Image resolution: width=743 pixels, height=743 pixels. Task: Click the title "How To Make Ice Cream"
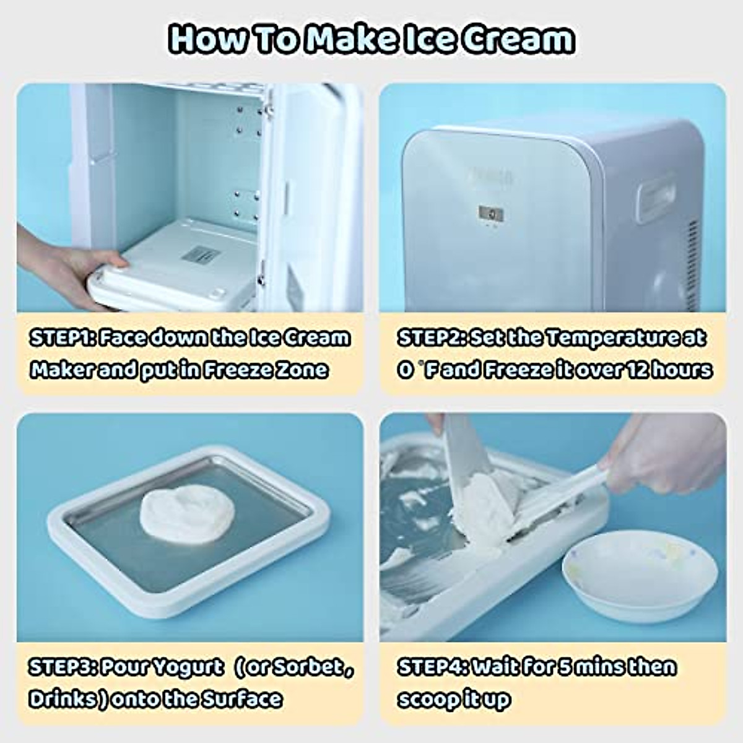pos(371,38)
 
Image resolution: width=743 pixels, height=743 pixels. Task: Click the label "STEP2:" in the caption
pos(431,338)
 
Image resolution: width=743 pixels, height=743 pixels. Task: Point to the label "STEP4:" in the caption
pos(432,667)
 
